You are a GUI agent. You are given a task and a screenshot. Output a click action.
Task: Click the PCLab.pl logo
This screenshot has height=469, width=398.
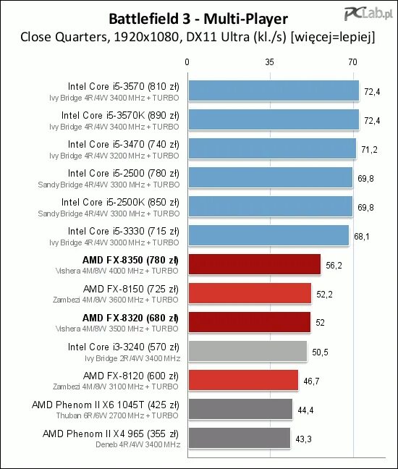(x=368, y=13)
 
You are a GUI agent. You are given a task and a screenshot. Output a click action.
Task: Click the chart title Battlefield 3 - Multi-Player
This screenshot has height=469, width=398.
(x=198, y=19)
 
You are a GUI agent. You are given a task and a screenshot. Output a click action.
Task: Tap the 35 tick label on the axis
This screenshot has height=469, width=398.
(x=269, y=62)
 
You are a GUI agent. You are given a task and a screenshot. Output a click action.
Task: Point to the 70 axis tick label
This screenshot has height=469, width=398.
(x=352, y=62)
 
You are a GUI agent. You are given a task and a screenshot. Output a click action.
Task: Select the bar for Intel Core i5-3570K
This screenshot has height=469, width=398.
(x=274, y=119)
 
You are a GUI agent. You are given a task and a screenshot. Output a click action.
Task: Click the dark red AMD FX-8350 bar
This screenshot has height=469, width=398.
(x=255, y=264)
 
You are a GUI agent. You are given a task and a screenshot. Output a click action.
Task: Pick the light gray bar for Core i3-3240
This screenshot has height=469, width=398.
(x=247, y=351)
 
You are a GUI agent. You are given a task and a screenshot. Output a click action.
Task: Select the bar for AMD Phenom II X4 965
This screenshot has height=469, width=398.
(x=240, y=438)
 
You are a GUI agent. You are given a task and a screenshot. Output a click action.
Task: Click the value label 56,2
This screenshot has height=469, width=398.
(x=334, y=266)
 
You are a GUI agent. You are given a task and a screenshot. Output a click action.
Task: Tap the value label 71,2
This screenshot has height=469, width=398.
(x=369, y=150)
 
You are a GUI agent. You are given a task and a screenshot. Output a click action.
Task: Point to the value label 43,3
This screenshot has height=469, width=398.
(x=303, y=439)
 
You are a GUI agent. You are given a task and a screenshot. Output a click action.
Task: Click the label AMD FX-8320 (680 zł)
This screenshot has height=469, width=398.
(x=130, y=318)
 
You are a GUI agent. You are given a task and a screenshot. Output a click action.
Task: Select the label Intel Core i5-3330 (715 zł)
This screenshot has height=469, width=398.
(x=124, y=231)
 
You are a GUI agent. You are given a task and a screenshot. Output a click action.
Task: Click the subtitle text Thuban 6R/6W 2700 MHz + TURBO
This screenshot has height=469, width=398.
(x=117, y=415)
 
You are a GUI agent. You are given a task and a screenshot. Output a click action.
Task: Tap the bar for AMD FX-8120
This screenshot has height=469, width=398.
(x=243, y=380)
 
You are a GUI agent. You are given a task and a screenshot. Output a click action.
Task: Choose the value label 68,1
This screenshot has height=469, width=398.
(x=362, y=237)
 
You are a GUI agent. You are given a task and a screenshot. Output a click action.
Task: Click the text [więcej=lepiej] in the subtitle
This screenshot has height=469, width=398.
(x=333, y=37)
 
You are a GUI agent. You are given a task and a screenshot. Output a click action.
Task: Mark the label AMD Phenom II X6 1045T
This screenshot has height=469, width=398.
(x=88, y=405)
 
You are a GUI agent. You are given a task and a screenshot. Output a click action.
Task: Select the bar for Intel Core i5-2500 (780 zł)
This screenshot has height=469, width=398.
(x=271, y=177)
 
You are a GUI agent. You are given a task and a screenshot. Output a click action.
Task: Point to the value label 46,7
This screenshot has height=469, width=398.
(x=311, y=381)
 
